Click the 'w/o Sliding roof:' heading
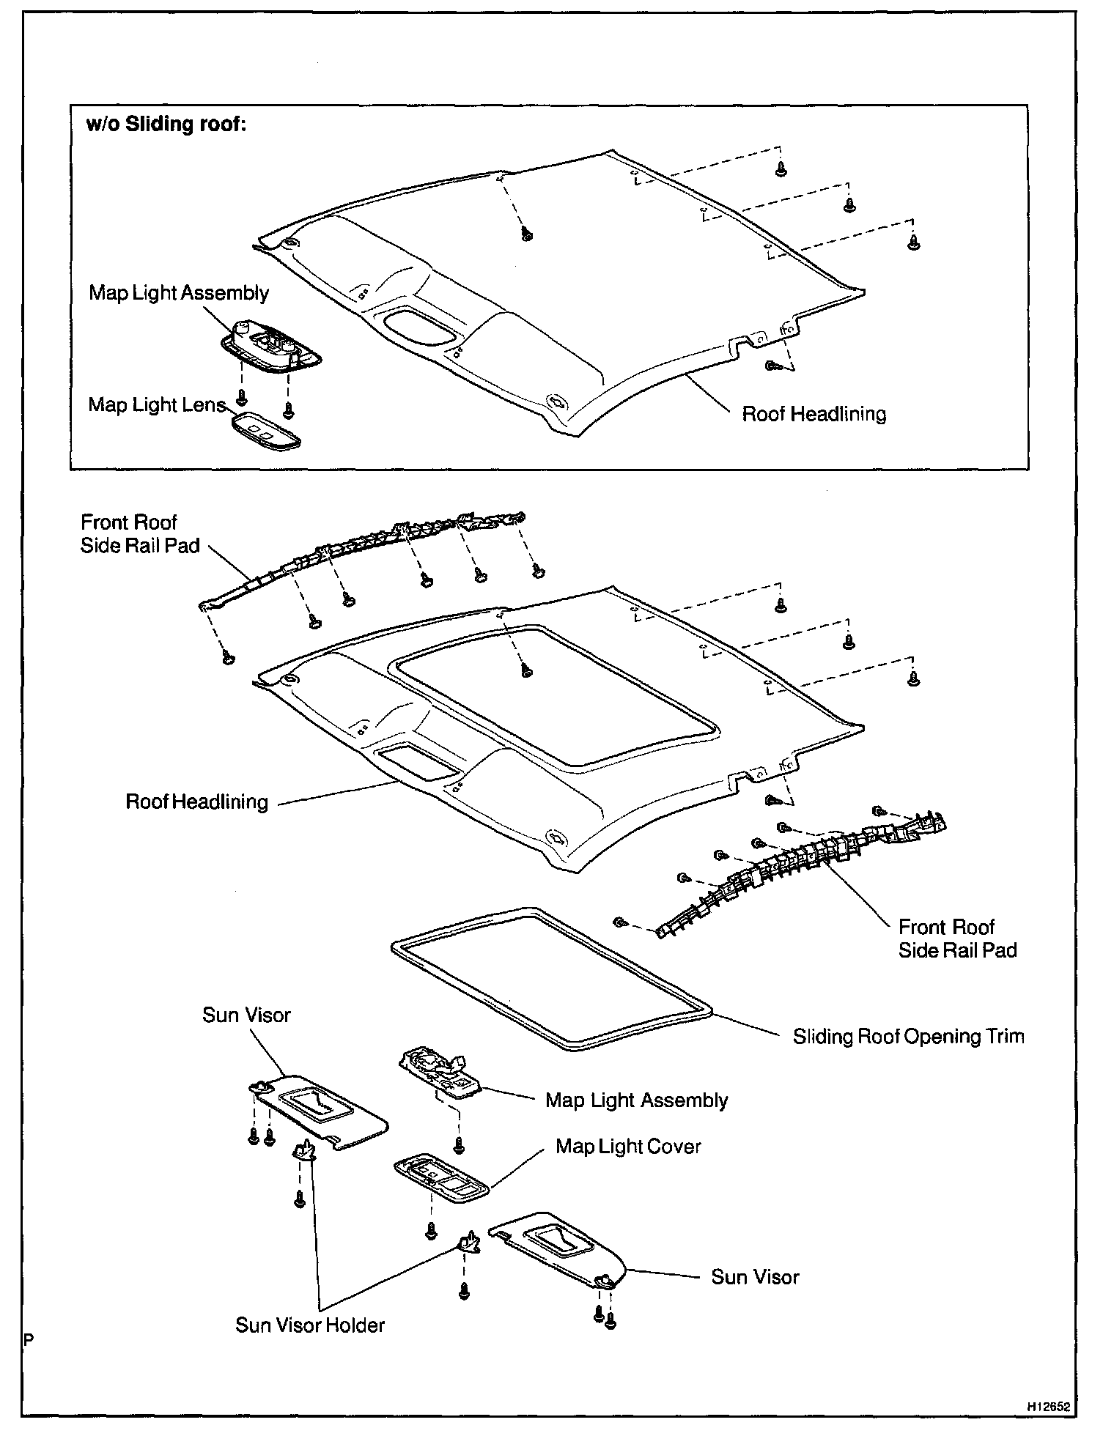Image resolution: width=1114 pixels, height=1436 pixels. tap(166, 125)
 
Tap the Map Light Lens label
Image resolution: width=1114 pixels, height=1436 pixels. tap(156, 405)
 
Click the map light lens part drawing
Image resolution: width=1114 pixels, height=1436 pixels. tap(266, 432)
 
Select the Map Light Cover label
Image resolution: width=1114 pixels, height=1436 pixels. tap(628, 1147)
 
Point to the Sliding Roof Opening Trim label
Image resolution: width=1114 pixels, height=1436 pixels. tap(908, 1037)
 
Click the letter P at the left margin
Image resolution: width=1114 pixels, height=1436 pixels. tap(29, 1339)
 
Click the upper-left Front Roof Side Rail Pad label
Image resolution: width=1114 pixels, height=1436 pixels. tap(139, 534)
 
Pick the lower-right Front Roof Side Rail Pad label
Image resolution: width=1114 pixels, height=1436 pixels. tap(957, 939)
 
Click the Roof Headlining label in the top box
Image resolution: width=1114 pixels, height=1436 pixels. tap(814, 414)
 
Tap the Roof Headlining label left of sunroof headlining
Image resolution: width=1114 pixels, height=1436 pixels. tap(196, 802)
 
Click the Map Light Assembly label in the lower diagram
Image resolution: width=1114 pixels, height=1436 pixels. tap(636, 1100)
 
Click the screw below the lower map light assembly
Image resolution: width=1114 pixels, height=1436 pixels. tap(460, 1144)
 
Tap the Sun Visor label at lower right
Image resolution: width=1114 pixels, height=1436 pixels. tap(755, 1277)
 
